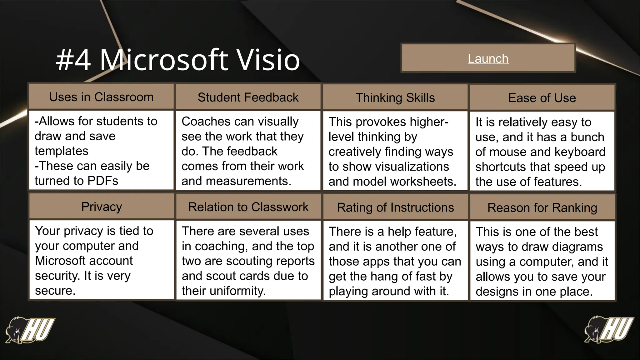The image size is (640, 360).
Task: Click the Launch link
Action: (488, 59)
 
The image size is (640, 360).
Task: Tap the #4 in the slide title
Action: (74, 60)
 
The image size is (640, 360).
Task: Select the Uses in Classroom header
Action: (101, 97)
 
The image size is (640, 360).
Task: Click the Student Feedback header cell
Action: (248, 97)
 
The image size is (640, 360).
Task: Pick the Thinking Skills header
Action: (395, 97)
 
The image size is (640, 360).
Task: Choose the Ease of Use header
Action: (542, 98)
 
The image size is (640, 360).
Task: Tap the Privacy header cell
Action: (101, 207)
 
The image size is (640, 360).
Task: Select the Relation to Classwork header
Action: (248, 207)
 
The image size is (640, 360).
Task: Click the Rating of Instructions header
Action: (395, 207)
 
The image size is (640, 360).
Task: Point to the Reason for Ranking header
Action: (542, 207)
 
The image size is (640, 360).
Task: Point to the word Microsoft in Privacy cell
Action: (84, 261)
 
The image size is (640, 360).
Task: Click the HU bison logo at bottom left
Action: (30, 330)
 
